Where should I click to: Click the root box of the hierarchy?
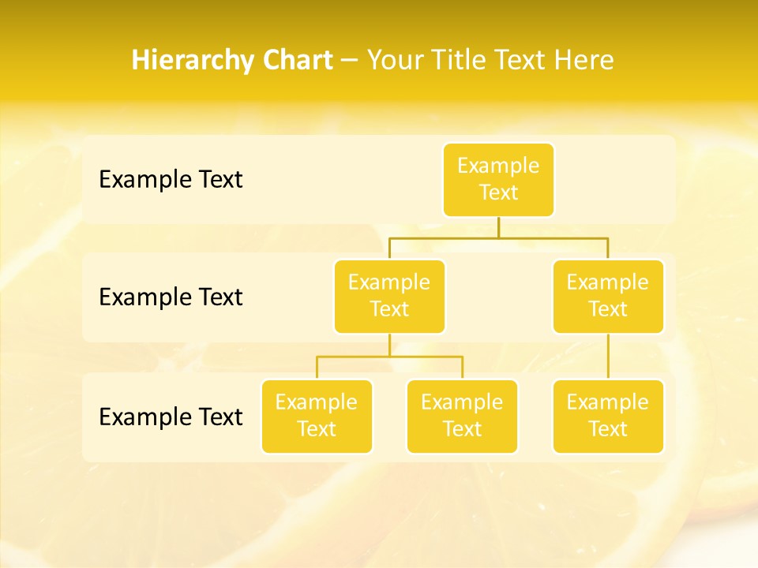click(x=498, y=179)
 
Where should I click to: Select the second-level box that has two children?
click(x=389, y=296)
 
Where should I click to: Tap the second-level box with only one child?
click(x=608, y=296)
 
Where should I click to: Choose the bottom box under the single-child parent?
click(x=608, y=416)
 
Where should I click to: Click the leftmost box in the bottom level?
click(x=317, y=416)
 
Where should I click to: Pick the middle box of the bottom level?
click(x=462, y=416)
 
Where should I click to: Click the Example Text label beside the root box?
click(x=171, y=180)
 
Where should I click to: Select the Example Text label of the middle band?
click(x=171, y=297)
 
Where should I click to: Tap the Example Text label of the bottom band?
click(x=171, y=417)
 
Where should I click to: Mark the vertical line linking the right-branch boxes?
click(x=608, y=357)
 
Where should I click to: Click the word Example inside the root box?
click(x=498, y=166)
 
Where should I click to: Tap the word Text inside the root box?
click(x=498, y=192)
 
